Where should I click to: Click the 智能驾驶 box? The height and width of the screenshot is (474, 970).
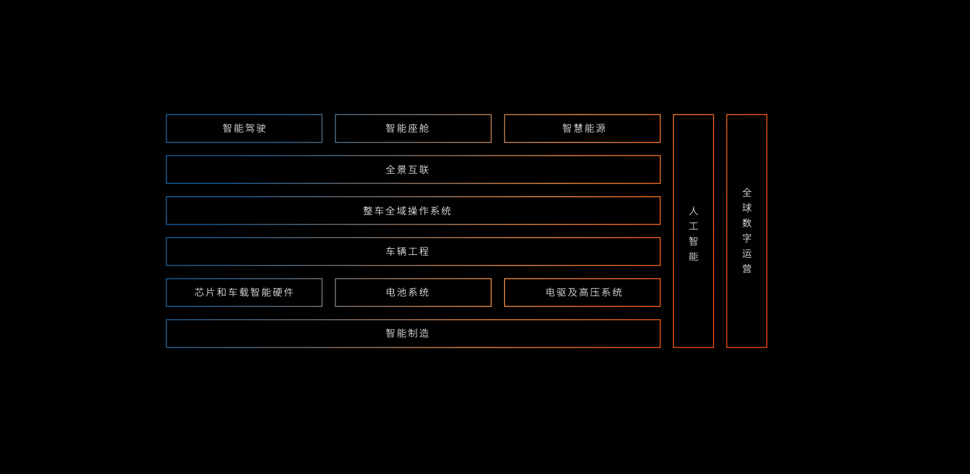(x=244, y=128)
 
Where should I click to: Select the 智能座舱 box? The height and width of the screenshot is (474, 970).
(x=413, y=128)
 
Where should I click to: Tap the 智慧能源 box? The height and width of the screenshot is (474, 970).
(x=582, y=128)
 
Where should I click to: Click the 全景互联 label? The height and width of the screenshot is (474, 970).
(x=408, y=170)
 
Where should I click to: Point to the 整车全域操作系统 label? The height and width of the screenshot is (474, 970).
(x=408, y=211)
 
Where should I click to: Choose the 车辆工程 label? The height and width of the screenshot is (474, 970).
(x=408, y=252)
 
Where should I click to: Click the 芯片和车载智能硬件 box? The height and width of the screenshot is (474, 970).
(x=244, y=293)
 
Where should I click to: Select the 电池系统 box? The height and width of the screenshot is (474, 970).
(x=413, y=293)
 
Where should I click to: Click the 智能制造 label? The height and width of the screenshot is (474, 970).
(x=408, y=333)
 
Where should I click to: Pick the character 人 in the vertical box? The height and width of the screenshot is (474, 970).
(x=694, y=211)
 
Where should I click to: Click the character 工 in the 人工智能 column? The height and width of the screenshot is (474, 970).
(x=694, y=227)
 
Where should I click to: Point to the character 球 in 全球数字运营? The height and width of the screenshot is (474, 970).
(x=747, y=208)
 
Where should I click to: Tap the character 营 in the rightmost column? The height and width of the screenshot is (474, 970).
(x=747, y=269)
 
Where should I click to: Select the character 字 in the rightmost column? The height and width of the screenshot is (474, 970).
(x=747, y=239)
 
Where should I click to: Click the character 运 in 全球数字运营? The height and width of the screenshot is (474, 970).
(x=747, y=254)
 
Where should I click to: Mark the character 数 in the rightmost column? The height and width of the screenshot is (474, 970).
(x=747, y=223)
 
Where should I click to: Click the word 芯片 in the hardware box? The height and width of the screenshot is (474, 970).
(x=205, y=293)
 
